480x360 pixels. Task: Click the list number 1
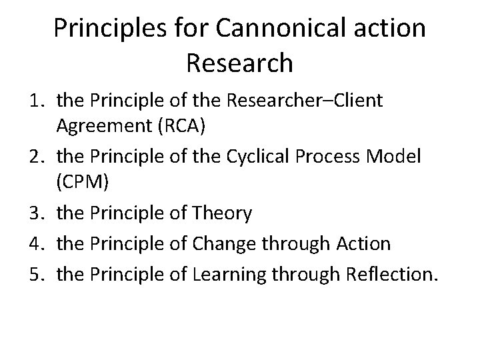coord(36,101)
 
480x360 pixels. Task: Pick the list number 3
coord(36,214)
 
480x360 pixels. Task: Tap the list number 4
coord(36,243)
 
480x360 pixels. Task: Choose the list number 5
coord(36,272)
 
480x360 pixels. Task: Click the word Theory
coord(221,214)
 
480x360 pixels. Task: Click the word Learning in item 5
coord(228,272)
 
